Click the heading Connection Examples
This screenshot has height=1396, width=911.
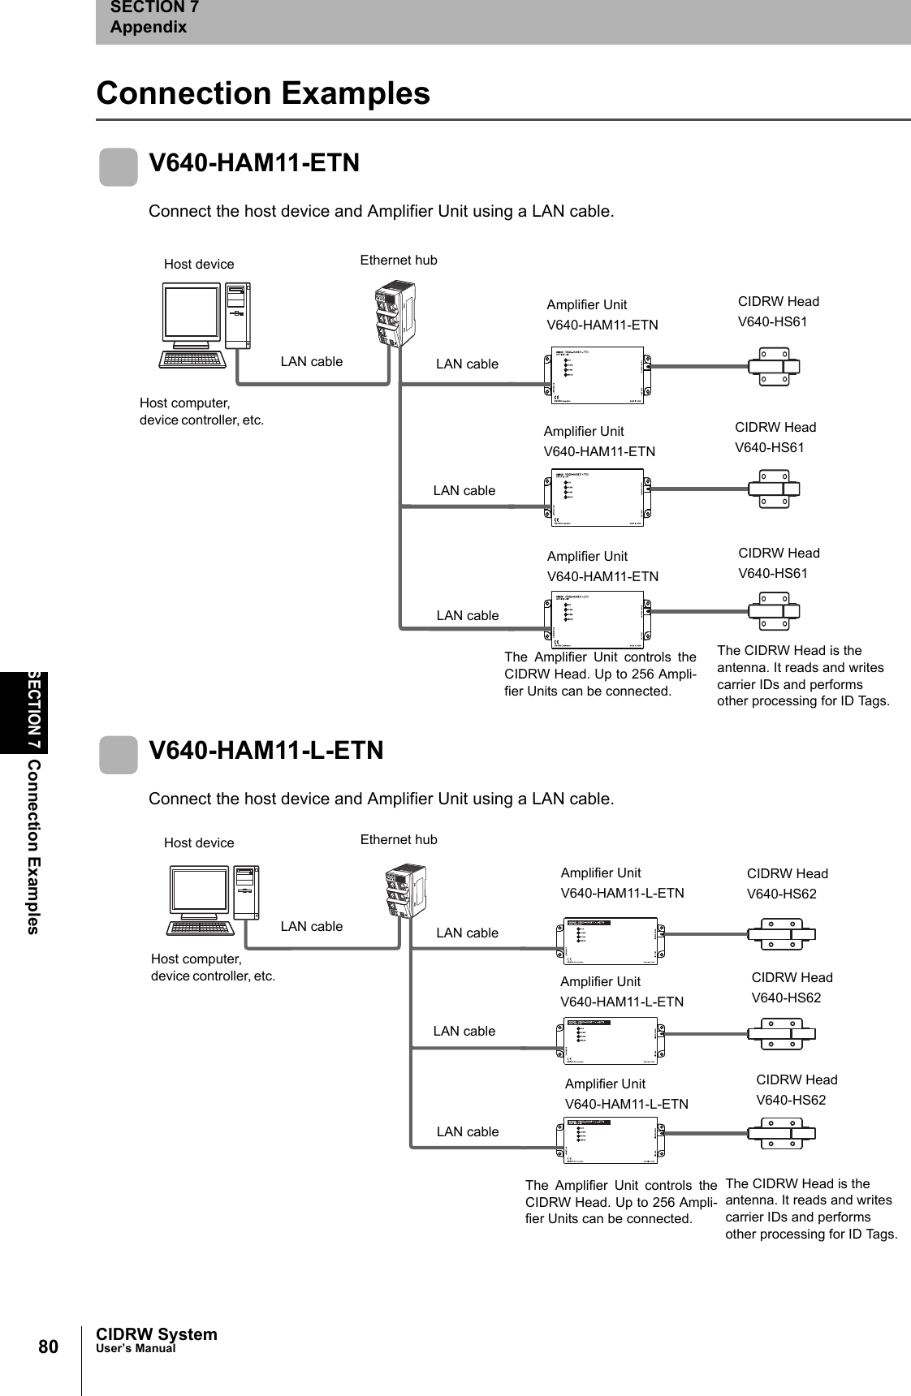click(263, 93)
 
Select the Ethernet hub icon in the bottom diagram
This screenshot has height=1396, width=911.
click(406, 890)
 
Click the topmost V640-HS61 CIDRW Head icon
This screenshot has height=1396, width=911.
click(774, 366)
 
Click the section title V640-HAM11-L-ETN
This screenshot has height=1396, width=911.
click(266, 750)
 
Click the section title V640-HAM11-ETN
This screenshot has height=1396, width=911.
click(254, 162)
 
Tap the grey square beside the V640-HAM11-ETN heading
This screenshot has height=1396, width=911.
click(119, 166)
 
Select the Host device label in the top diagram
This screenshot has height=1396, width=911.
click(199, 264)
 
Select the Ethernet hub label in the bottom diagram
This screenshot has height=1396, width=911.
click(398, 839)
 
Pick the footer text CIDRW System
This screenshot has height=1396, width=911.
click(157, 1334)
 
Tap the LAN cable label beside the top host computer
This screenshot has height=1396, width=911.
click(312, 361)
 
